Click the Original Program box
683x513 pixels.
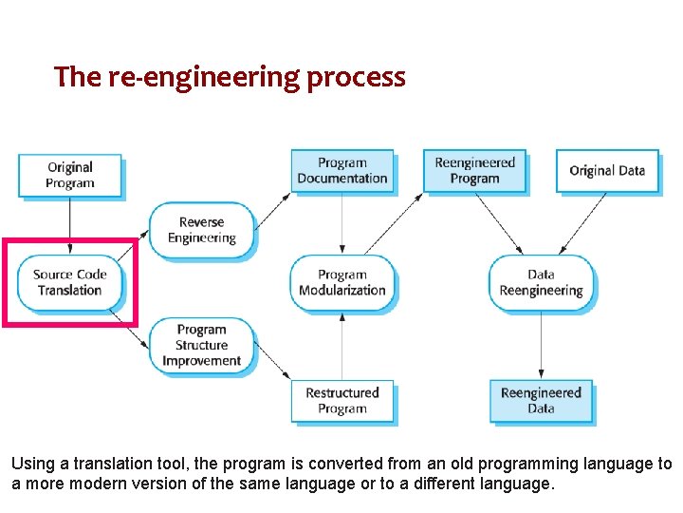70,176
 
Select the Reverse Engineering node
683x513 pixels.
201,230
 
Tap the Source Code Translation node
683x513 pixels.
70,282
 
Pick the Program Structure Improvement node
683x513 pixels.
201,346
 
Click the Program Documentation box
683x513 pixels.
341,171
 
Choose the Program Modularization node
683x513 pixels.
341,282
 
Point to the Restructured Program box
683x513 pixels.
341,400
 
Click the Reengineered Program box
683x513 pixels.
474,171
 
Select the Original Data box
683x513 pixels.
607,171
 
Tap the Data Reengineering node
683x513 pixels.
541,282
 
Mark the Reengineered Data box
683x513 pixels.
541,400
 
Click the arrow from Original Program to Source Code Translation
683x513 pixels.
70,226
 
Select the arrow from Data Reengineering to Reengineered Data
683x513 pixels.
541,344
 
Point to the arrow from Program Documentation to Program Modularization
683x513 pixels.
341,223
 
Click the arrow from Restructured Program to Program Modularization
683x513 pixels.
341,346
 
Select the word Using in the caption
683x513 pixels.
29,465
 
